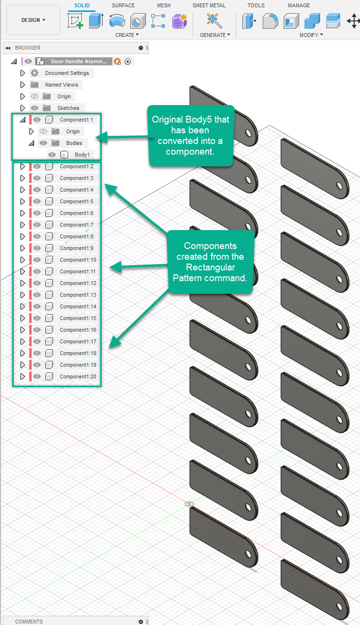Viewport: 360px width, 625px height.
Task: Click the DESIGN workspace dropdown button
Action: (33, 20)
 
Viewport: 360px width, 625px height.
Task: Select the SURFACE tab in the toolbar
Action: (123, 5)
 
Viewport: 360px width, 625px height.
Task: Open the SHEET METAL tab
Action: (209, 5)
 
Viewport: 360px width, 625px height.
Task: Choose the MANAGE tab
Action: (299, 5)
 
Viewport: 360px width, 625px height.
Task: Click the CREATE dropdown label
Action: (126, 35)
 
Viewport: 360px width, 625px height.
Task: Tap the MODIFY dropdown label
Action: (311, 35)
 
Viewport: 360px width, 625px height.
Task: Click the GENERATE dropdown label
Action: (215, 35)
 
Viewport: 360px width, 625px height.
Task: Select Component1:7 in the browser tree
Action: (76, 225)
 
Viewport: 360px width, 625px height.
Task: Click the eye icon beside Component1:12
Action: (37, 283)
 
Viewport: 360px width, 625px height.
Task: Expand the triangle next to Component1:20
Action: (22, 376)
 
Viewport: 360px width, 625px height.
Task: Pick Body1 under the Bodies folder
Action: (82, 155)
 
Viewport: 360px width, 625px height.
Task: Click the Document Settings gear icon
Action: (35, 73)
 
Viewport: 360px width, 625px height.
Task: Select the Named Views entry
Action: (61, 85)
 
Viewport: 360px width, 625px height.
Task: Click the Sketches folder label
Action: (68, 108)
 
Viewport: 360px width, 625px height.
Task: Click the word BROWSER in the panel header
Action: (28, 48)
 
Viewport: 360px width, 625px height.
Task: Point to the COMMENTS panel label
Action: (29, 621)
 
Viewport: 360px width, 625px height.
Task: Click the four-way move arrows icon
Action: (353, 21)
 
